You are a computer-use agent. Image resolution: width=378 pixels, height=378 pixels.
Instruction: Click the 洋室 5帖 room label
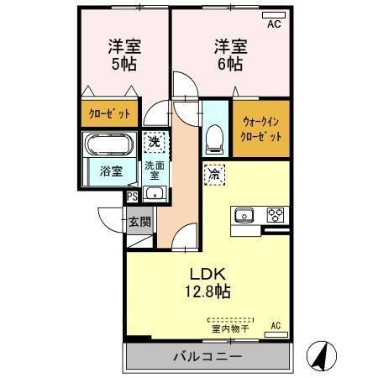(x=123, y=56)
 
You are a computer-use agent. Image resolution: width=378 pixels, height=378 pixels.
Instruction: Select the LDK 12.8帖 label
(x=206, y=283)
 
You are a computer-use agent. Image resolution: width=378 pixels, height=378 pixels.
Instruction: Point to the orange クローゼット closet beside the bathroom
(x=110, y=113)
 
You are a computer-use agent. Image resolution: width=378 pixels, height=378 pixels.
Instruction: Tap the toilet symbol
(x=214, y=135)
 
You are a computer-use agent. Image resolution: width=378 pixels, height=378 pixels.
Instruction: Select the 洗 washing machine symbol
(x=153, y=144)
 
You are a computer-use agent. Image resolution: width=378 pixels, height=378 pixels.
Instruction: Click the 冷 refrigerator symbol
(x=214, y=176)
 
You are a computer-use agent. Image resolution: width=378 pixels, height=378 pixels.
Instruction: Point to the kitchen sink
(x=244, y=213)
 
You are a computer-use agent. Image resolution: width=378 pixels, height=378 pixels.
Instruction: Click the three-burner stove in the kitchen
(x=276, y=213)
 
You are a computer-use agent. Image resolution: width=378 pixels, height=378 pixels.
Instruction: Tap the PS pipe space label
(x=132, y=197)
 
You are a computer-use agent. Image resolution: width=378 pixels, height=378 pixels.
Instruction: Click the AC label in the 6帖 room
(x=274, y=25)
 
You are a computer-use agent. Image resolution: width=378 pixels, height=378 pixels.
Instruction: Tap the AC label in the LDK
(x=275, y=325)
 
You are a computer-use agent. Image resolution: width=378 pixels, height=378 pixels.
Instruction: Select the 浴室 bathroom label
(x=110, y=171)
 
